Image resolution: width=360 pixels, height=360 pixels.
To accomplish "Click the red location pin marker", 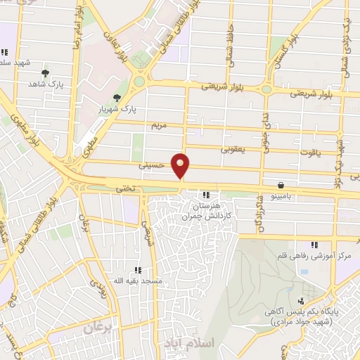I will (181, 166).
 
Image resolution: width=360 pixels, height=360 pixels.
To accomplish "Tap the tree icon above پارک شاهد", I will (46, 72).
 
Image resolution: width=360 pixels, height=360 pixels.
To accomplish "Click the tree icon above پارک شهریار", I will (117, 98).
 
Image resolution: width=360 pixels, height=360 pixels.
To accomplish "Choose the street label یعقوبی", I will (233, 150).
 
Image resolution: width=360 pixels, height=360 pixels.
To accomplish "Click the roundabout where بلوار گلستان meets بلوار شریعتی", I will (266, 89).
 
